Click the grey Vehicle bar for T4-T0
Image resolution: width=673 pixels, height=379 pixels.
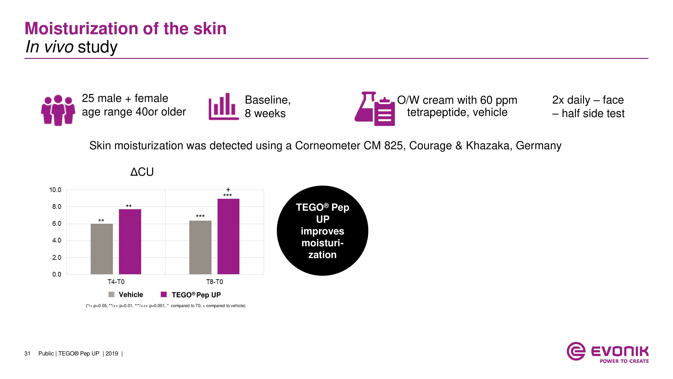click(102, 249)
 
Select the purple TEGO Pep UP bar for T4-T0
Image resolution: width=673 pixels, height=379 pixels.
click(130, 242)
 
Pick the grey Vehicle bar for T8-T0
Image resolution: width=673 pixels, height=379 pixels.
click(200, 247)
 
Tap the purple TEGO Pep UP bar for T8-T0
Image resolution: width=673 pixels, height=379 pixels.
click(228, 236)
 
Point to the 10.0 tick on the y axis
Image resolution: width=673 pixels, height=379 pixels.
click(55, 190)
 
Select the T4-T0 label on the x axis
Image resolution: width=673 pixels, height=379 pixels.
click(116, 282)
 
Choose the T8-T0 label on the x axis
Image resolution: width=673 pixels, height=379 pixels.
click(215, 282)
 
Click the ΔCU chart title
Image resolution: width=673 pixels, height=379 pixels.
click(142, 172)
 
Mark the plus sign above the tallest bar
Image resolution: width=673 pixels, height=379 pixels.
click(228, 190)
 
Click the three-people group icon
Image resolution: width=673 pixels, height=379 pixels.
click(58, 110)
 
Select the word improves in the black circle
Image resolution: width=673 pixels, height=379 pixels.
click(322, 231)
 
